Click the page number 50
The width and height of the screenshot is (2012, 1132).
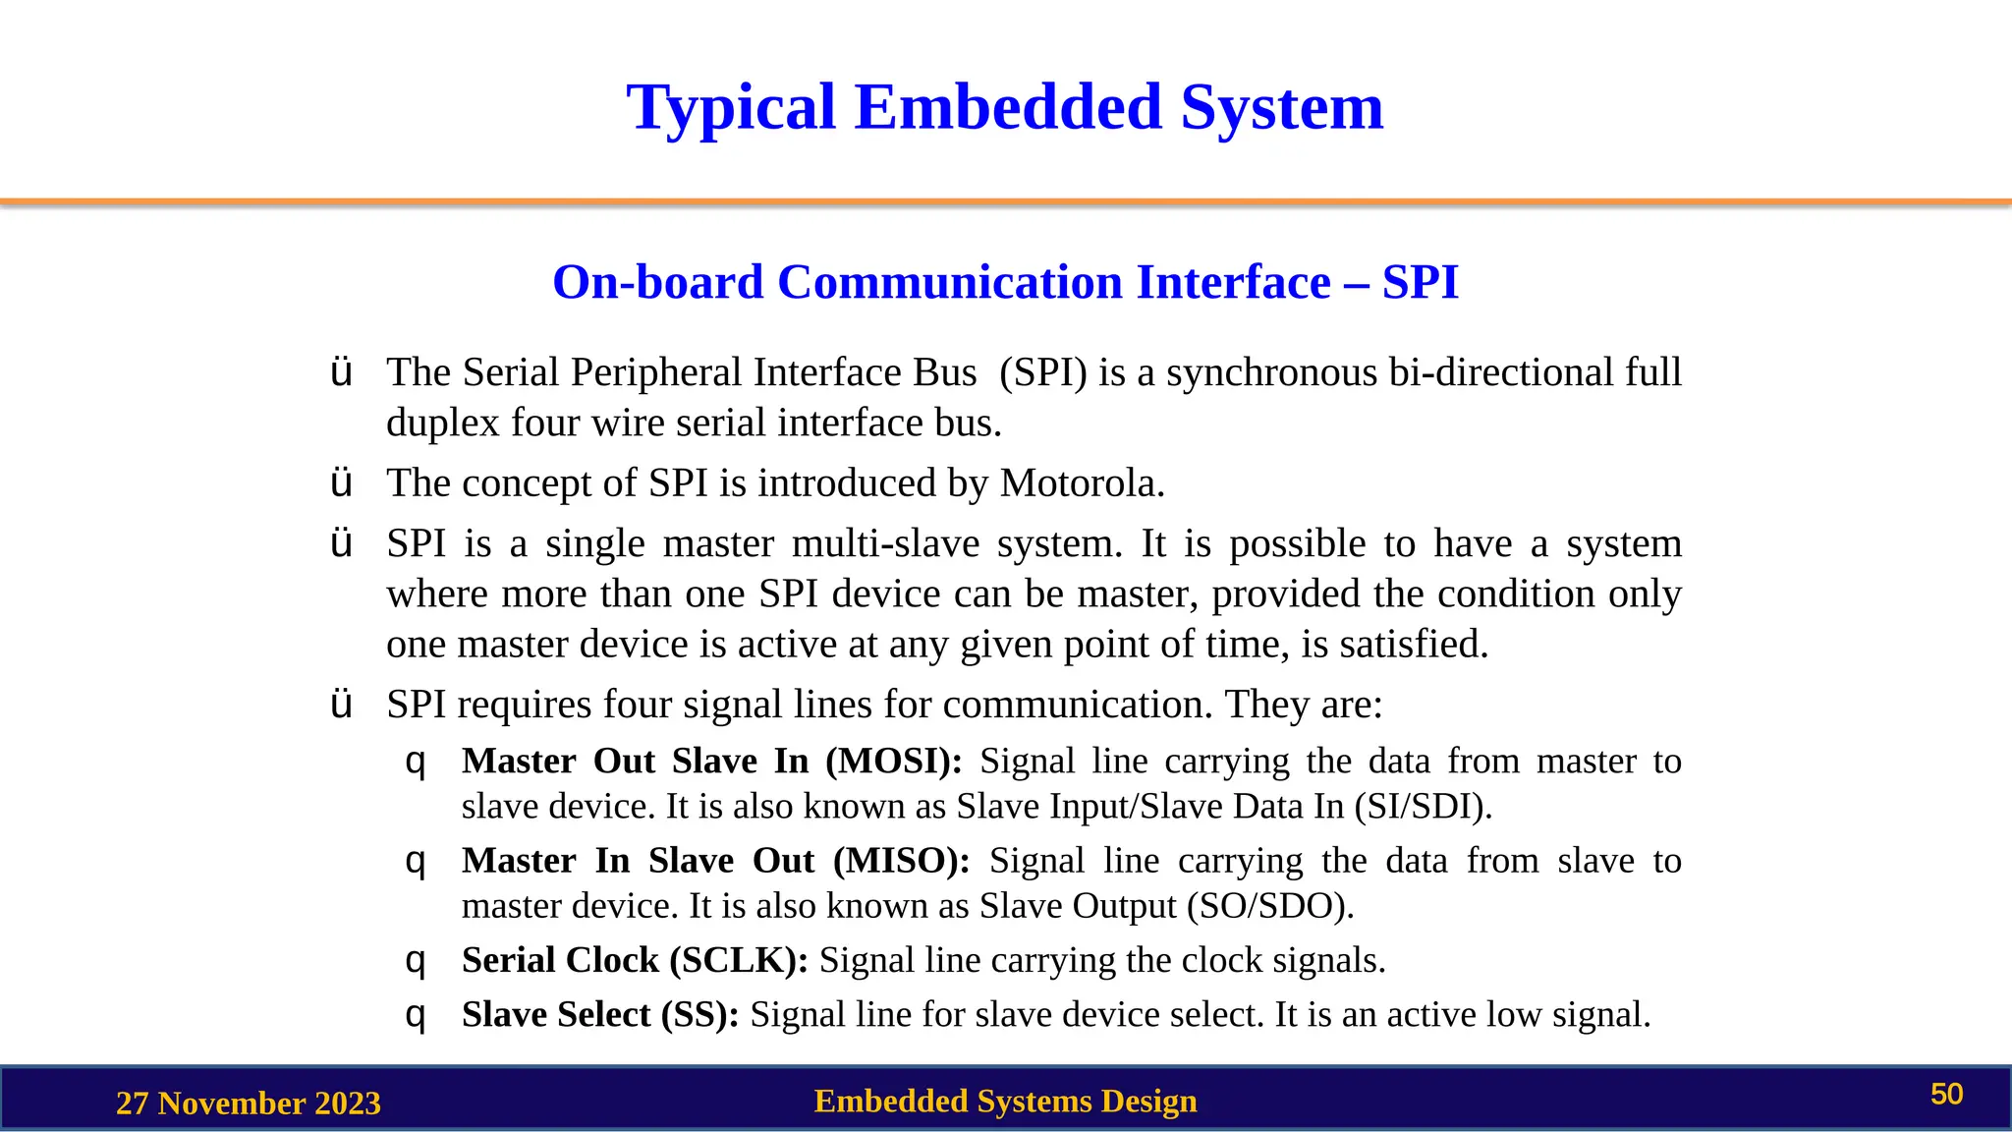[x=1946, y=1095]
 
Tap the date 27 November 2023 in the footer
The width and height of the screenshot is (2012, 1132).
[x=248, y=1103]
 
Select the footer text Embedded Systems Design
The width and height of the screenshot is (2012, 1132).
[x=1005, y=1101]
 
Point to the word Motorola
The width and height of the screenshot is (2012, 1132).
[x=1081, y=483]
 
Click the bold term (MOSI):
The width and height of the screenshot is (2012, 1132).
[x=894, y=762]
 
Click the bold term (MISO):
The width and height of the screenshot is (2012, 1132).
[x=901, y=861]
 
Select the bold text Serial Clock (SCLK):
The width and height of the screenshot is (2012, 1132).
[x=635, y=960]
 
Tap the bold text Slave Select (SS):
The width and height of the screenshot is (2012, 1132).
[x=600, y=1014]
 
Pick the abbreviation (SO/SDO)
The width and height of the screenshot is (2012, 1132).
[x=1269, y=906]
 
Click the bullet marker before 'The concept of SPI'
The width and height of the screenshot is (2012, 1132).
[x=341, y=483]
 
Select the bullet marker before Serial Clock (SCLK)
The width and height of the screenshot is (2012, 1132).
[x=416, y=960]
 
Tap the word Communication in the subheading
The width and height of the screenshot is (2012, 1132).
[x=949, y=282]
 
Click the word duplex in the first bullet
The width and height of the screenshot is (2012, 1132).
[x=443, y=424]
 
